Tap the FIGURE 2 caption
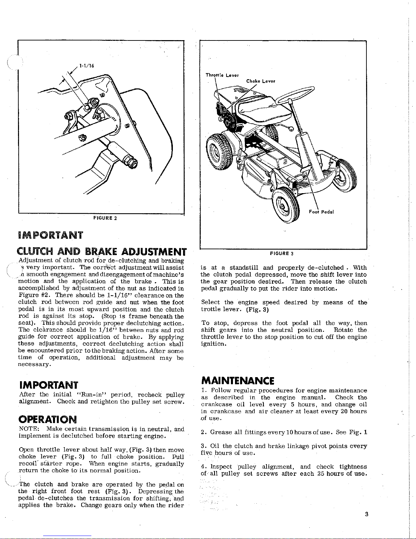(105, 218)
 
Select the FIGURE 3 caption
(282, 253)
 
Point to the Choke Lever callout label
(260, 81)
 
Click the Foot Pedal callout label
(321, 212)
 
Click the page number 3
(366, 514)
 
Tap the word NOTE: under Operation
(26, 429)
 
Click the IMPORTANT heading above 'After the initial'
(48, 385)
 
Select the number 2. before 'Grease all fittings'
(203, 433)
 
